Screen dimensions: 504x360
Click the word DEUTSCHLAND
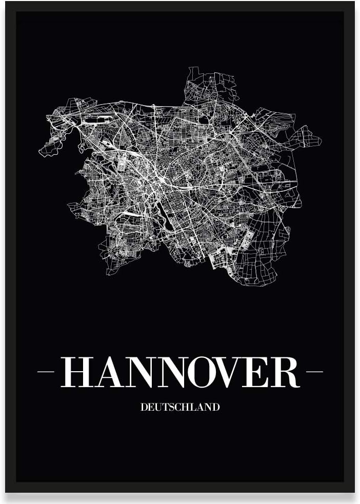pyautogui.click(x=179, y=408)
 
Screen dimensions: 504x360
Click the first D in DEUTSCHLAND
pyautogui.click(x=143, y=408)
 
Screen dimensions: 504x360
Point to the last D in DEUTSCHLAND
pyautogui.click(x=216, y=408)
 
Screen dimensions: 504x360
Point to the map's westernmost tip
pyautogui.click(x=39, y=151)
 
